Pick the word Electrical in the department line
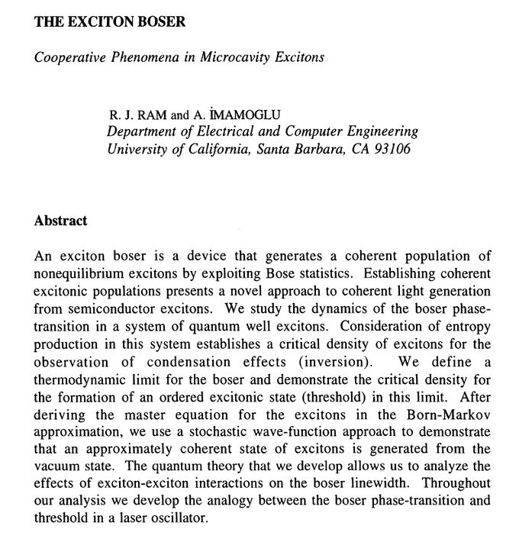pos(227,131)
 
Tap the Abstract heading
pos(61,221)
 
